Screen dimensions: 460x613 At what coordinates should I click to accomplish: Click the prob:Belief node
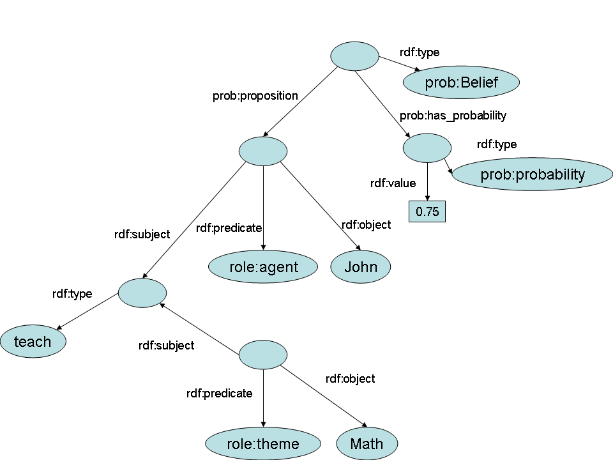(461, 82)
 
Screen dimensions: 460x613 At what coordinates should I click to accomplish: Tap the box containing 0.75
(427, 211)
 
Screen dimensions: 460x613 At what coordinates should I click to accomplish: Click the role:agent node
(263, 267)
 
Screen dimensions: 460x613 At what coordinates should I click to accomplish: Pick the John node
(360, 267)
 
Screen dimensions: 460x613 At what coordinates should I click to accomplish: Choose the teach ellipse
(33, 342)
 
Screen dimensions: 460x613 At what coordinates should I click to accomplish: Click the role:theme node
(263, 443)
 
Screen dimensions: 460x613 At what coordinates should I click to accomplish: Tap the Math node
(367, 443)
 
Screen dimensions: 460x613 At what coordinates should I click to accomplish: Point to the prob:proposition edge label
(255, 96)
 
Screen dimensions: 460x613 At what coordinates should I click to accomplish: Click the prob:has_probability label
(453, 116)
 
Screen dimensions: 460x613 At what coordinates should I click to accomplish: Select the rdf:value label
(393, 183)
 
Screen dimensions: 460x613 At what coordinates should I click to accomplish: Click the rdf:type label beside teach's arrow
(72, 294)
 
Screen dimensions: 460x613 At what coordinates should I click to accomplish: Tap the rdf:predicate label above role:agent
(229, 227)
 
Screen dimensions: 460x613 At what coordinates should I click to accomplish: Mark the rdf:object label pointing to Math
(350, 378)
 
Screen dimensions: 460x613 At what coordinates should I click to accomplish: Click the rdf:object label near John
(366, 225)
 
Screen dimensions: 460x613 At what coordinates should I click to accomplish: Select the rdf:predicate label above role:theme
(219, 393)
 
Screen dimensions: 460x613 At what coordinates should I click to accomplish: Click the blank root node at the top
(354, 56)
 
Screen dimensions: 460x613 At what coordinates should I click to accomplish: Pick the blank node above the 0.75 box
(427, 148)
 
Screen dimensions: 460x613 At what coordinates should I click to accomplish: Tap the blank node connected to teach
(142, 292)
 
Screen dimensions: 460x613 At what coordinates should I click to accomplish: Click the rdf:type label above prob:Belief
(420, 52)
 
